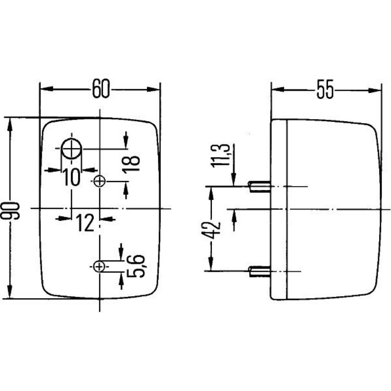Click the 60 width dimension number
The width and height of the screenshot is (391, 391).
click(101, 88)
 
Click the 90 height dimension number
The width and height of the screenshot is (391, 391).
click(10, 211)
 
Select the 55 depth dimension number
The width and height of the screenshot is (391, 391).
click(325, 89)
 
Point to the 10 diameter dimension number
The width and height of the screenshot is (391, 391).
click(71, 177)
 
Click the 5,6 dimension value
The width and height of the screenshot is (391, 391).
click(136, 266)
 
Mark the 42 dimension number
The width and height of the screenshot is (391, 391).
click(211, 230)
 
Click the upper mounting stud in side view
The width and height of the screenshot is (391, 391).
click(260, 187)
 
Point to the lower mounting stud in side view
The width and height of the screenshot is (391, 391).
click(260, 271)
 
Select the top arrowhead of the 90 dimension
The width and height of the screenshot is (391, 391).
click(10, 124)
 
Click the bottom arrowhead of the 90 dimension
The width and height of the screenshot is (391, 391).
click(10, 292)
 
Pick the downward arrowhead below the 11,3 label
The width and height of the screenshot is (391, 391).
click(234, 179)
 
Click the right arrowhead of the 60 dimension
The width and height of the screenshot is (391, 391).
click(153, 89)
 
